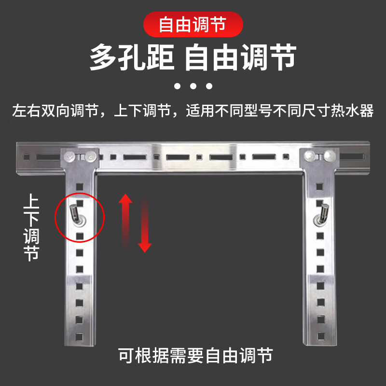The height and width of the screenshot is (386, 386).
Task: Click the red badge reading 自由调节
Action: click(x=193, y=24)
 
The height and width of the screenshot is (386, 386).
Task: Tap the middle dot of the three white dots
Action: click(x=193, y=87)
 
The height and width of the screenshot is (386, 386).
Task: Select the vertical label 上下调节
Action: click(x=31, y=227)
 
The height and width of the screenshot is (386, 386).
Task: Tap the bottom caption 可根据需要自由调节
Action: click(x=195, y=356)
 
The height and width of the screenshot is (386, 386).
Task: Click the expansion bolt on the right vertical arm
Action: click(x=321, y=214)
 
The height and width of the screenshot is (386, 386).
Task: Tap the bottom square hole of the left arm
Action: click(x=79, y=333)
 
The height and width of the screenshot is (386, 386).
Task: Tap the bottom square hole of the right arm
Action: click(x=319, y=333)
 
